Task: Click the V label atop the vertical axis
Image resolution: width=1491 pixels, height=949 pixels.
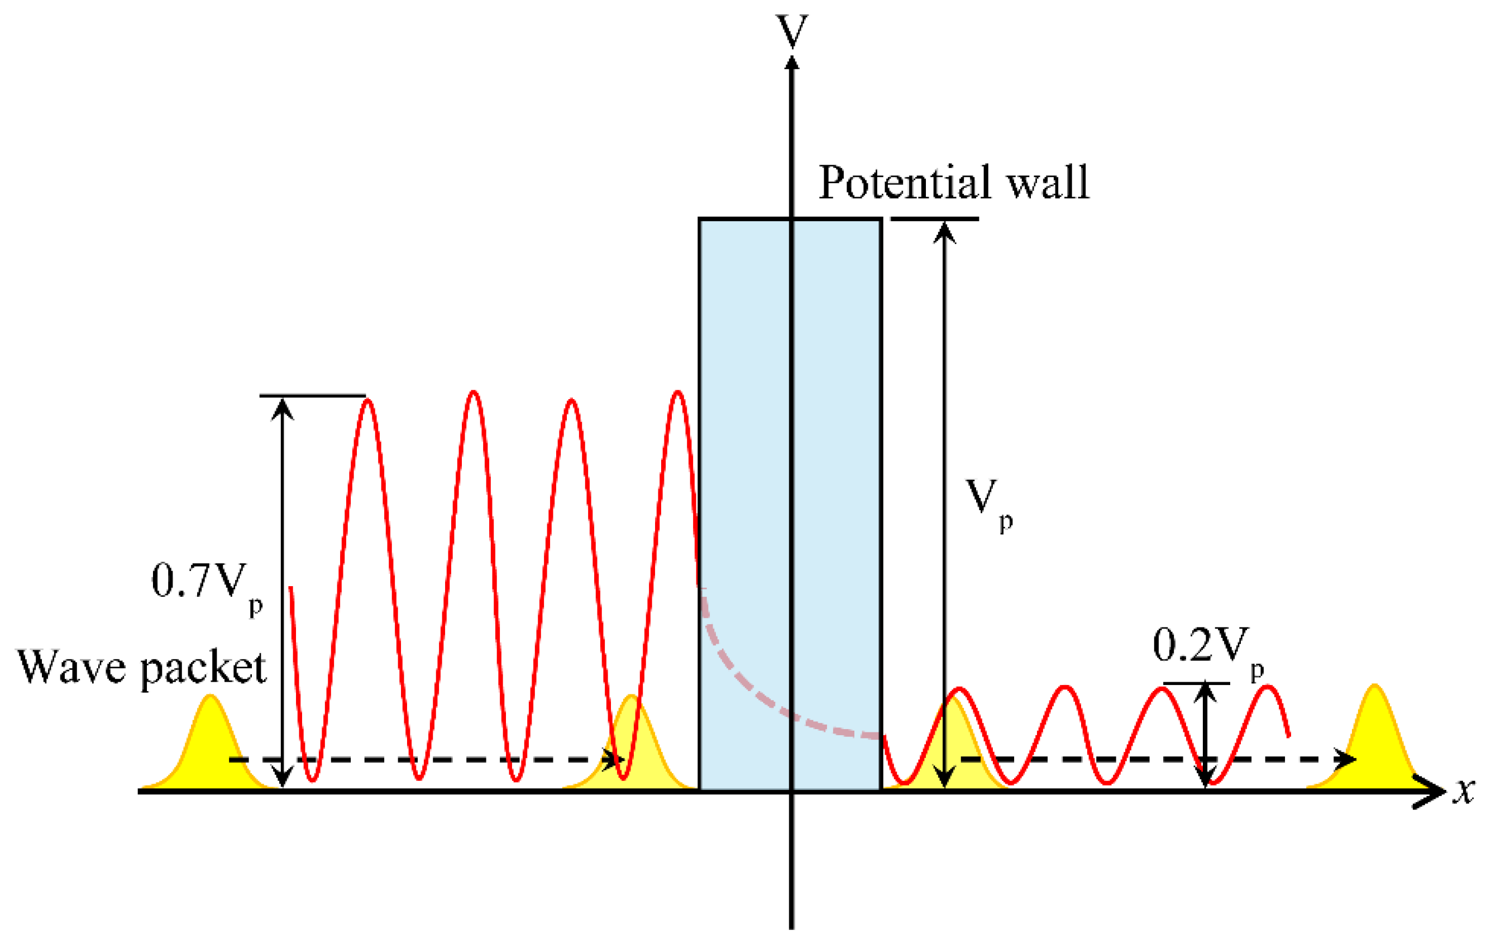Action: (x=792, y=30)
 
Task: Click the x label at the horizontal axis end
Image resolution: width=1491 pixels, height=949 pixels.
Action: (x=1464, y=790)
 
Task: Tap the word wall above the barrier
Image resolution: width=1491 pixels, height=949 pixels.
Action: (x=1048, y=183)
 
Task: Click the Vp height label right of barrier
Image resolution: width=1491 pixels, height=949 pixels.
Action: (x=990, y=505)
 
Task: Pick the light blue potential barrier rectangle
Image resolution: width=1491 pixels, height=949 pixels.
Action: (x=790, y=505)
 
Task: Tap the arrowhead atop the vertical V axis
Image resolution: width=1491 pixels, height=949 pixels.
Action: (x=792, y=63)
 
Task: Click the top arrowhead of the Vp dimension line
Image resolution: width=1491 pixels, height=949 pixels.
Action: (x=944, y=232)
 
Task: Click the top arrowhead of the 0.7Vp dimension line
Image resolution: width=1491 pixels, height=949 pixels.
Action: (x=283, y=409)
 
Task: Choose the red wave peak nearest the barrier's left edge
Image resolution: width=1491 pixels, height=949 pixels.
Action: (x=678, y=394)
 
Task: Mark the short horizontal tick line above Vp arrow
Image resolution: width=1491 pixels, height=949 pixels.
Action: (x=935, y=218)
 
